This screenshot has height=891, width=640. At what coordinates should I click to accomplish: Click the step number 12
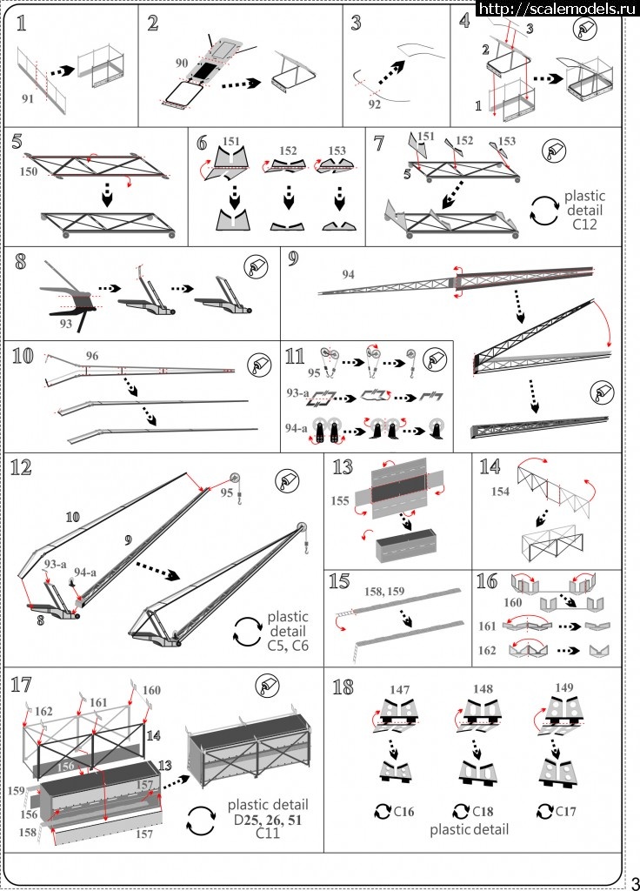[x=21, y=468]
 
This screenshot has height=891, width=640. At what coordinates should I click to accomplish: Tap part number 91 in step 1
[x=29, y=98]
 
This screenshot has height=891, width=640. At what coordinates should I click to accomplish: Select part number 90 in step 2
[x=182, y=64]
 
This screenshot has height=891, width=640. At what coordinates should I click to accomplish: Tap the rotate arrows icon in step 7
[x=543, y=211]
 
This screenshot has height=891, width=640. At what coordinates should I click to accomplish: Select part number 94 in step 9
[x=349, y=275]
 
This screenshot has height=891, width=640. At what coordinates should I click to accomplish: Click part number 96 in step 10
[x=91, y=355]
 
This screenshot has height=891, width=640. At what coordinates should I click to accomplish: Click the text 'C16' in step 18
[x=403, y=813]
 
